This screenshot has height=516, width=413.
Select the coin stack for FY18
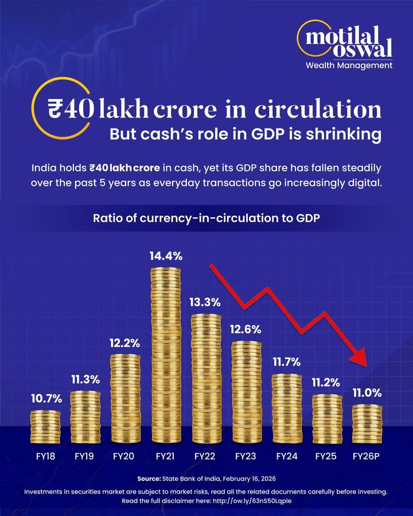tap(45, 426)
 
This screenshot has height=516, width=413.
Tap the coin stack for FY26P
tap(367, 424)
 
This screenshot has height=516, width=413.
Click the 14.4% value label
tap(166, 256)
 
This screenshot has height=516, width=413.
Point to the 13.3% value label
tap(205, 303)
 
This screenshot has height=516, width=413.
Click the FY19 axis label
tap(85, 457)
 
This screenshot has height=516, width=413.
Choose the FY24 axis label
tap(287, 457)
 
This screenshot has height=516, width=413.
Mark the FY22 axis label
tap(205, 457)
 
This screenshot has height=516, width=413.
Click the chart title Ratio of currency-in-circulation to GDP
tap(206, 218)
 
